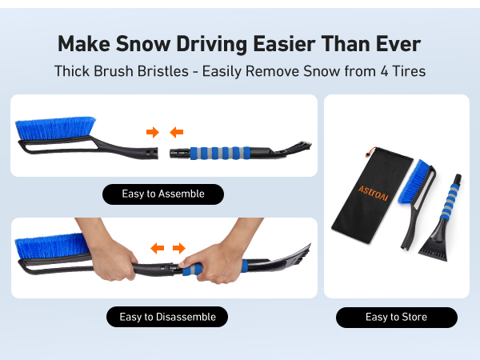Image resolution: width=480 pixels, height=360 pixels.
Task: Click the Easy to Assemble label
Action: (163, 194)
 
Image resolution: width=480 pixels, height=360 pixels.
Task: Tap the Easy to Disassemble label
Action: (167, 317)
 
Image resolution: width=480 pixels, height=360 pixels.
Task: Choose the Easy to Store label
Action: (396, 317)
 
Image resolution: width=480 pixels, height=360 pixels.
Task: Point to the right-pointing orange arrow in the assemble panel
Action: (152, 131)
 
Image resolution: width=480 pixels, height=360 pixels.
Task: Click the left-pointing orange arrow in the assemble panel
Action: (177, 131)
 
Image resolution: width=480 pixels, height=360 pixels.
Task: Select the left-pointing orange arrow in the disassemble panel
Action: (157, 248)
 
